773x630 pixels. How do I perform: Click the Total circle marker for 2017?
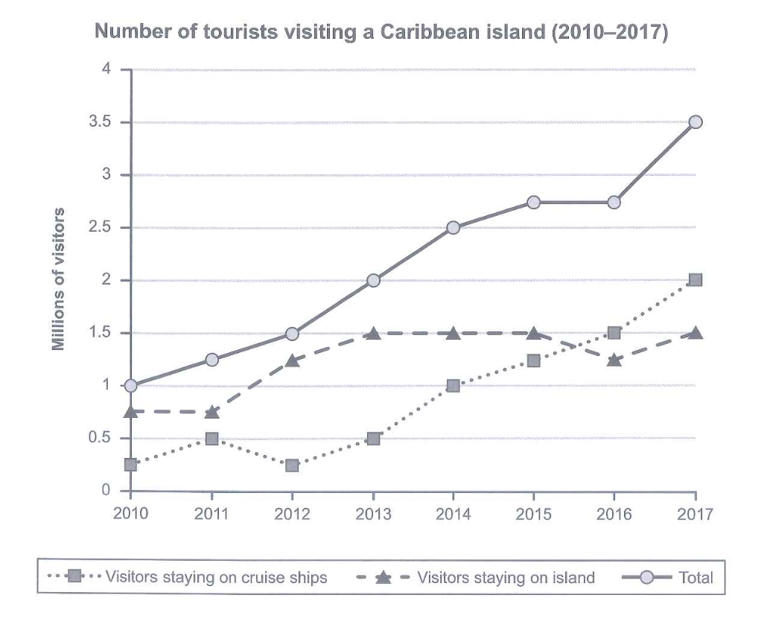tap(696, 122)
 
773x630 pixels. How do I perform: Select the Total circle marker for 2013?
tap(373, 281)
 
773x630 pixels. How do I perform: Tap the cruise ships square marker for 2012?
tap(292, 465)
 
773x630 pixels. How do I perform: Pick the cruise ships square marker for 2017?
tap(696, 280)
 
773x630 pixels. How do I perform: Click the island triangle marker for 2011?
tap(211, 411)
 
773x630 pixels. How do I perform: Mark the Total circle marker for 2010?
tap(131, 386)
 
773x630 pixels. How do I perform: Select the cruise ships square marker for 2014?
tap(454, 386)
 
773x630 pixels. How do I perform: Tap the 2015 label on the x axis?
tap(533, 514)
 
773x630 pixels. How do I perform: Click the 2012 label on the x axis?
tap(292, 514)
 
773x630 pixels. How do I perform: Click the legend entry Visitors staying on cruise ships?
tap(216, 576)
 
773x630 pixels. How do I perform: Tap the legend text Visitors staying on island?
tap(506, 576)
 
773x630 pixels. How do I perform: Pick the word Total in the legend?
tap(696, 576)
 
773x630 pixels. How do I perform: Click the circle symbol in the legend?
tap(646, 576)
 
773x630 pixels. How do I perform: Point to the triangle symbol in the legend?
tap(383, 576)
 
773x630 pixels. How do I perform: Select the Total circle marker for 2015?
tap(534, 203)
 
